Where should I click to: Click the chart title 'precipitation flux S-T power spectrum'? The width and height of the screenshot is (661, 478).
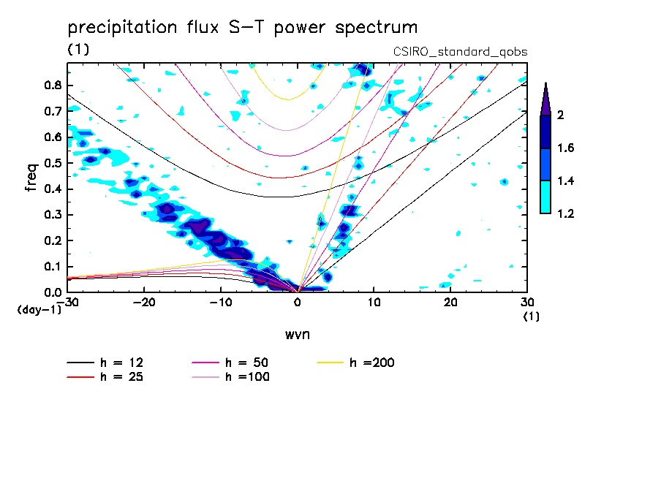point(242,28)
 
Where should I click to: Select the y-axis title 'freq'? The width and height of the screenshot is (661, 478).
point(31,178)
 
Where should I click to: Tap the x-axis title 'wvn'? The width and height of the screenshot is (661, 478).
point(297,334)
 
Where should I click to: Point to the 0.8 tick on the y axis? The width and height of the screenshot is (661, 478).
point(52,85)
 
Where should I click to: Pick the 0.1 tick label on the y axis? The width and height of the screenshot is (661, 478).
point(52,267)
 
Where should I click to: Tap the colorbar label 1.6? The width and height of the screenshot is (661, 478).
point(566,148)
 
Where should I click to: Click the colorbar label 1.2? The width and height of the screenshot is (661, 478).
point(566,214)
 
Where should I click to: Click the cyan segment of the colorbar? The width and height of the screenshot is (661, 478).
point(545,197)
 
